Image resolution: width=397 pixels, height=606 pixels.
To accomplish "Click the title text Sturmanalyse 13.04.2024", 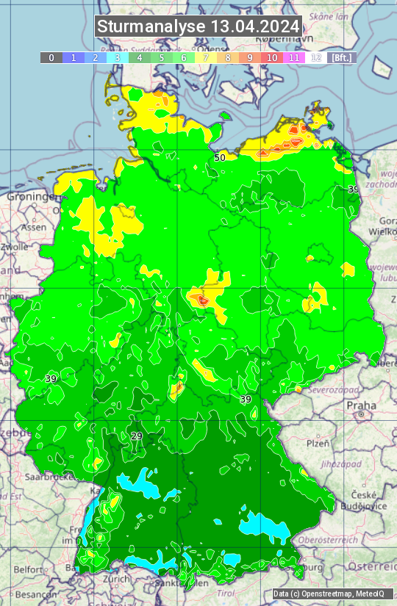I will click(x=198, y=26).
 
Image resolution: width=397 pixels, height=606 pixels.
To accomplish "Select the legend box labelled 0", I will click(x=51, y=57).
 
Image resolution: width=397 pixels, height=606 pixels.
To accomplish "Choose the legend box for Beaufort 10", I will click(x=272, y=57).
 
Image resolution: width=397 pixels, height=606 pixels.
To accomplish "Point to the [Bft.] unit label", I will click(x=341, y=57).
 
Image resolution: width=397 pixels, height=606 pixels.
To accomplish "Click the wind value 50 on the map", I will click(x=220, y=157).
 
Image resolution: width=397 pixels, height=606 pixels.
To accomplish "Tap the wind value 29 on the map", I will click(x=137, y=436).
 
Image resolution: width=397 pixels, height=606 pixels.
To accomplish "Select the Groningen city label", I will click(x=32, y=197).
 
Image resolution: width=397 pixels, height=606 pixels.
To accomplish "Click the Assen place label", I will click(x=34, y=228).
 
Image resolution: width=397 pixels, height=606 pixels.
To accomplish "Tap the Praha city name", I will click(x=361, y=405).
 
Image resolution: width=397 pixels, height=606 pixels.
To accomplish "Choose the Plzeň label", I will click(x=318, y=444).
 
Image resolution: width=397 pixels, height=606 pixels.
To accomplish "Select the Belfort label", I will click(x=29, y=569).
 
